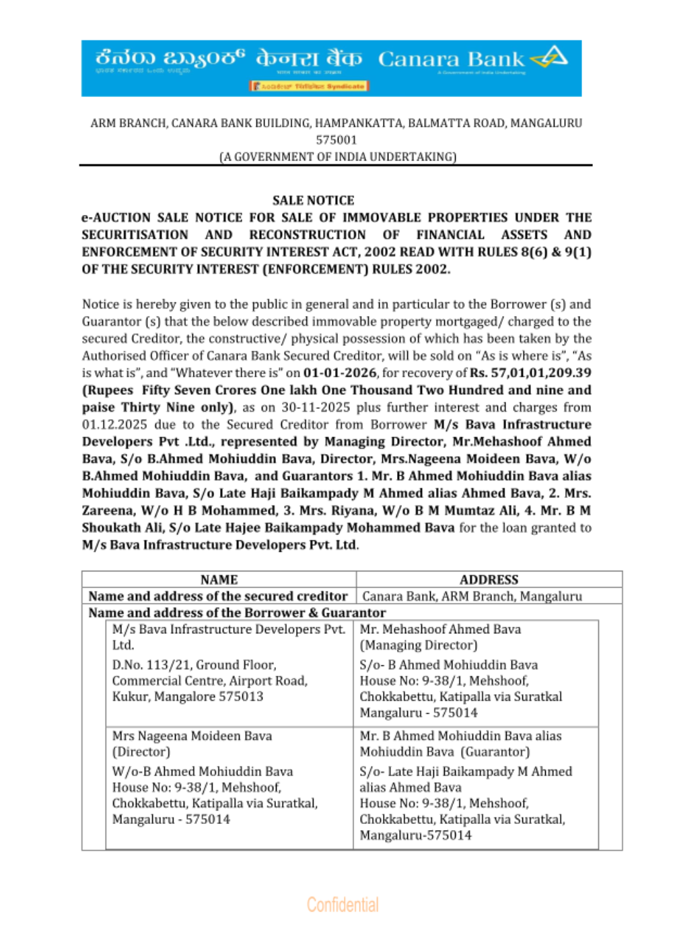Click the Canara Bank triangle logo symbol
550,58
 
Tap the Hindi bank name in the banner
309,59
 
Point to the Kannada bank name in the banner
170,58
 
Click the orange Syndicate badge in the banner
309,86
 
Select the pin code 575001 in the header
336,140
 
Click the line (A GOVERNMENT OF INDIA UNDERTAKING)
338,157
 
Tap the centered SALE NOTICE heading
313,200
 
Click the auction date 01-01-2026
340,373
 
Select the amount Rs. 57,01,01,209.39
530,373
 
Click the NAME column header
219,579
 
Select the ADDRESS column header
489,579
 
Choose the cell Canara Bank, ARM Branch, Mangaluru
472,596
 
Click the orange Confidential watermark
343,904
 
